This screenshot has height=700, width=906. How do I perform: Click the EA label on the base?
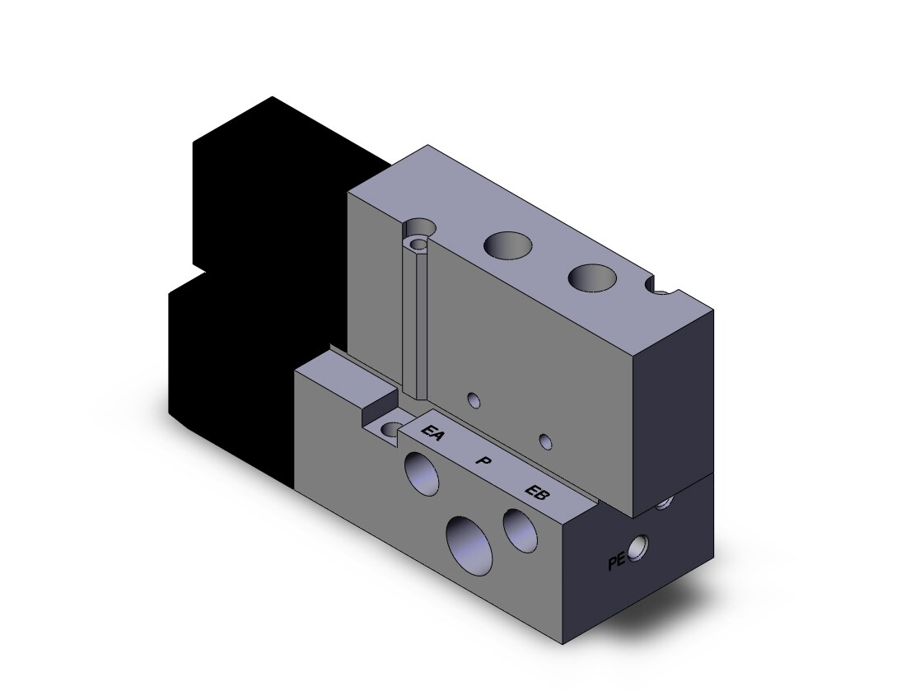pos(432,432)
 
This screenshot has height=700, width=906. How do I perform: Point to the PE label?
pos(617,562)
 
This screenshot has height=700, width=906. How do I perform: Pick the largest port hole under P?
pos(468,545)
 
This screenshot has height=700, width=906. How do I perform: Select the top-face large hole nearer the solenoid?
pos(507,245)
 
